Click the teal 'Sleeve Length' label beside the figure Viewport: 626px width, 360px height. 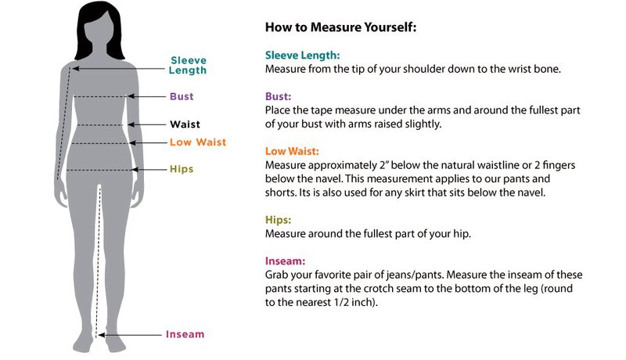pos(188,66)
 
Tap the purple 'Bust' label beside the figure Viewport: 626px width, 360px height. pos(182,96)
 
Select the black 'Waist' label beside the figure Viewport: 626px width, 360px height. pos(185,124)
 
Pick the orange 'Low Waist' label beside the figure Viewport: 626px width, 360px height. pos(198,142)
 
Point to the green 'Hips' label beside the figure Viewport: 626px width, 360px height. pos(182,169)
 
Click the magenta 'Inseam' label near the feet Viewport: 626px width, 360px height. pos(185,334)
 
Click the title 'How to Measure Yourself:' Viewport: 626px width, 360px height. pos(340,27)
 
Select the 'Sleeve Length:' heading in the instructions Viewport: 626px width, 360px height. pos(302,56)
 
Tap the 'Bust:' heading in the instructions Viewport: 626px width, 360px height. pos(278,96)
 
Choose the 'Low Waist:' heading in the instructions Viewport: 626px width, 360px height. pos(292,151)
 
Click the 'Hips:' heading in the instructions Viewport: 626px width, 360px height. pos(278,220)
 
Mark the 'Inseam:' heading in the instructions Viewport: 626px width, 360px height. pos(285,261)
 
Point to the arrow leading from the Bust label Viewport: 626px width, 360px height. pos(146,96)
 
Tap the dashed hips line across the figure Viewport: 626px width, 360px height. pos(99,171)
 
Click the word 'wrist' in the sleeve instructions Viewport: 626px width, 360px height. pos(520,69)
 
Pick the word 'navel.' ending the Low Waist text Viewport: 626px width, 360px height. pos(531,193)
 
